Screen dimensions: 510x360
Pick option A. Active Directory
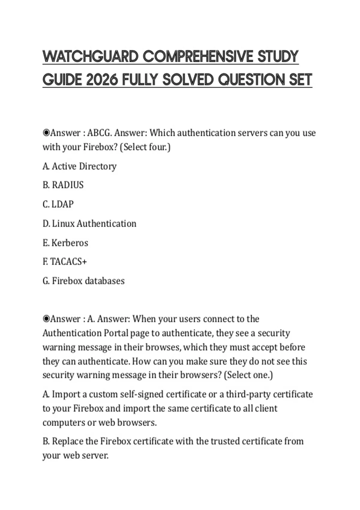(x=79, y=166)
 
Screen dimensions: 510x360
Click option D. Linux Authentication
(x=89, y=223)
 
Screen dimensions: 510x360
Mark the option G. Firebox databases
(x=83, y=281)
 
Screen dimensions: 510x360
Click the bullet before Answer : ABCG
(x=46, y=133)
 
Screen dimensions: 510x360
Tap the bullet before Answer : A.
(x=46, y=319)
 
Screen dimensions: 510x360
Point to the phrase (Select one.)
(x=248, y=375)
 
